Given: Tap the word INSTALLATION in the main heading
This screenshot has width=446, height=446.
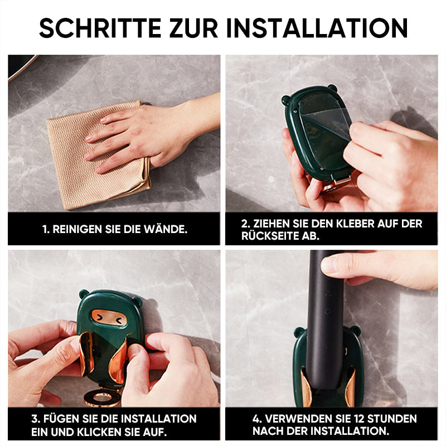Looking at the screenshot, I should pyautogui.click(x=317, y=28).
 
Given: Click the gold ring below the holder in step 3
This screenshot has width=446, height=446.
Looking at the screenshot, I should pyautogui.click(x=102, y=397).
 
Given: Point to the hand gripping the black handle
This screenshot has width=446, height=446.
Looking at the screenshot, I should pyautogui.click(x=385, y=268).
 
